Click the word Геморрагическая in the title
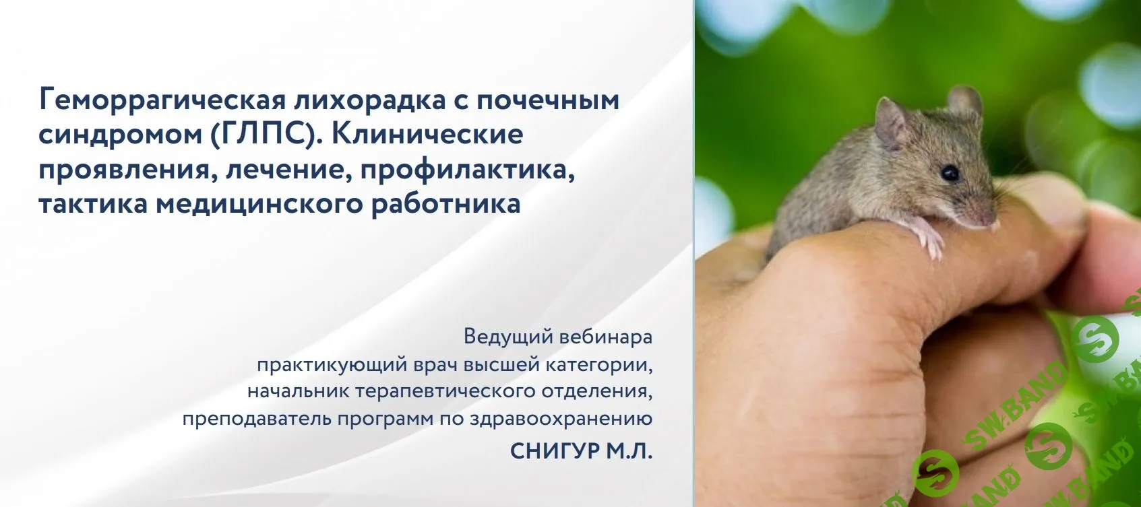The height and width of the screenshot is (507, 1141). point(162,100)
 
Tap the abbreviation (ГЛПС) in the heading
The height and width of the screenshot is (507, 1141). point(261,135)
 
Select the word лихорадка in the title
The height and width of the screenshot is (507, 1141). point(369,100)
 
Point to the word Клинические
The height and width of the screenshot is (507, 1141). point(427,135)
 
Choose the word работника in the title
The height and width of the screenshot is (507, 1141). point(445,204)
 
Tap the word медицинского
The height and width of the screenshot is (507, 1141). point(259,204)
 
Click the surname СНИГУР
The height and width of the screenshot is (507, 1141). point(555,450)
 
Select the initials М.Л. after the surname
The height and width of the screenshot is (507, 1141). point(629,450)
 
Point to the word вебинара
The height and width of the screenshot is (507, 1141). point(605,336)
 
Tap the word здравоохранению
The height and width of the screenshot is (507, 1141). point(561,419)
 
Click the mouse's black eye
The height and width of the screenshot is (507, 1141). point(950,173)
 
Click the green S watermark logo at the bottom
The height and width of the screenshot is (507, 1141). point(939,472)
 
